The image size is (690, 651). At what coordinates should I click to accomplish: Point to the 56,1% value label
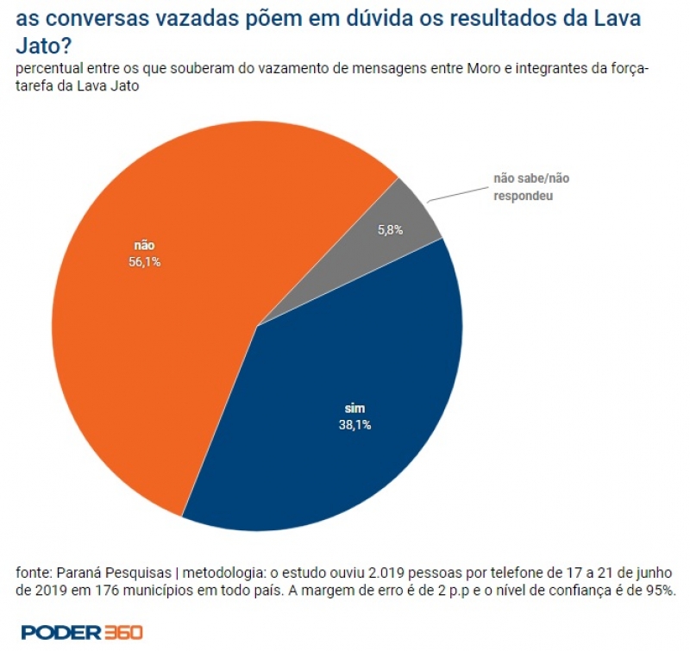click(145, 262)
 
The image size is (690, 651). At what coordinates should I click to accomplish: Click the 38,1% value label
click(354, 424)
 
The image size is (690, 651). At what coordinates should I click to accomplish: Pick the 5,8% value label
click(391, 230)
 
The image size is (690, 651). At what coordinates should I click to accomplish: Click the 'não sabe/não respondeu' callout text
click(531, 187)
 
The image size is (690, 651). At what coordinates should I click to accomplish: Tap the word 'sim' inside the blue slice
click(354, 409)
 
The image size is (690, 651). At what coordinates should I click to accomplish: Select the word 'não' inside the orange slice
click(144, 246)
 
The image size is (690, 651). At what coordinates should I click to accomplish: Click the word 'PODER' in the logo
click(53, 632)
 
